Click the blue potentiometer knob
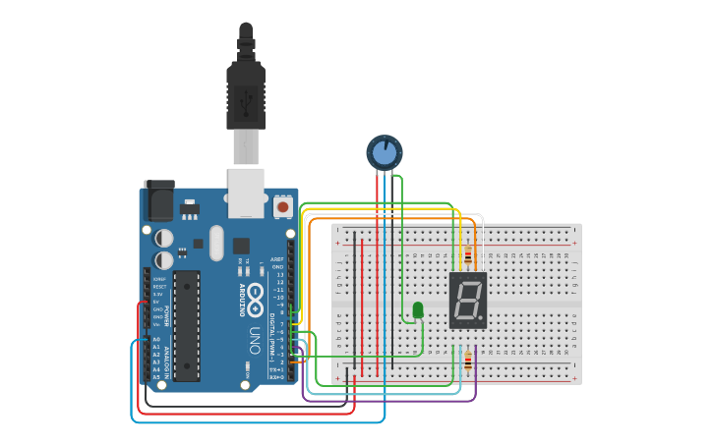click(385, 152)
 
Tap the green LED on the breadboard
click(418, 310)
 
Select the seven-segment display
click(468, 301)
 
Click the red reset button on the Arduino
click(283, 207)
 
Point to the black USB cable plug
click(246, 93)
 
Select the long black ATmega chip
click(187, 324)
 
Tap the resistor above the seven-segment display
click(468, 257)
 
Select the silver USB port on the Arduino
click(246, 192)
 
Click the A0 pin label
click(156, 339)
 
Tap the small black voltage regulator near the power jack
click(189, 209)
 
